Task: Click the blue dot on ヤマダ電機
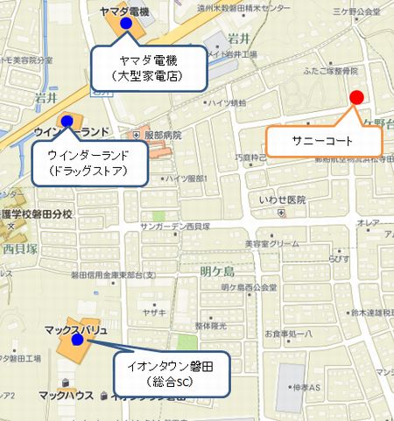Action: [125, 23]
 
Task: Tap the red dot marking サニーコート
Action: [355, 97]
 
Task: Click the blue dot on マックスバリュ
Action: [77, 340]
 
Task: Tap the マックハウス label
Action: [67, 396]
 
